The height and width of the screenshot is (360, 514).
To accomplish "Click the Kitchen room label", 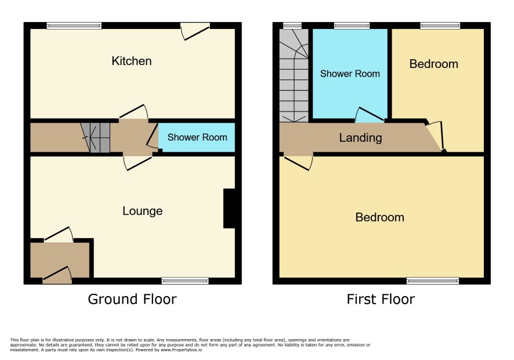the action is [132, 61].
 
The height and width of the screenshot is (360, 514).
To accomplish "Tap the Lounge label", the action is [143, 211].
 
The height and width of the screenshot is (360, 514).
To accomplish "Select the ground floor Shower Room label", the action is [197, 137].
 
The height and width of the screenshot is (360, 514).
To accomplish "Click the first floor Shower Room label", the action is [350, 74].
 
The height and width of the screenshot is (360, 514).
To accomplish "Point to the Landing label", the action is [361, 138].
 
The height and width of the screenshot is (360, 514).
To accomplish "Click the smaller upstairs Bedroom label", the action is [434, 64].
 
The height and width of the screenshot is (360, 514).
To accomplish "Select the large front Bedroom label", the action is [379, 217].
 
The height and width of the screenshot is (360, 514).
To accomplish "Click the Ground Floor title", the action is [132, 299].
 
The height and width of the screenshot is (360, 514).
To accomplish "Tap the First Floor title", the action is [381, 299].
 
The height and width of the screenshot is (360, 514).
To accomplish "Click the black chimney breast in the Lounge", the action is [230, 208].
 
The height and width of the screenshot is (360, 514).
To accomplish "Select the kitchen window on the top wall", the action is [74, 26].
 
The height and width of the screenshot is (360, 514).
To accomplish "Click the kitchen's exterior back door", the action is [195, 31].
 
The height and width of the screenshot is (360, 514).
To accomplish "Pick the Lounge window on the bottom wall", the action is [185, 281].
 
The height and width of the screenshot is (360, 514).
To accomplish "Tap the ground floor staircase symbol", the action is [95, 138].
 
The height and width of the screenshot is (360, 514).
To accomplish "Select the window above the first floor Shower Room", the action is [352, 26].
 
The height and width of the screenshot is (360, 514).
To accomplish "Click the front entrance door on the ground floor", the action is [57, 275].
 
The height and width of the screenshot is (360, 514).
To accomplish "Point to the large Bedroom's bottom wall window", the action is [433, 281].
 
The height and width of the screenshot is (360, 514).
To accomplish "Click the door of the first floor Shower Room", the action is [370, 114].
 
